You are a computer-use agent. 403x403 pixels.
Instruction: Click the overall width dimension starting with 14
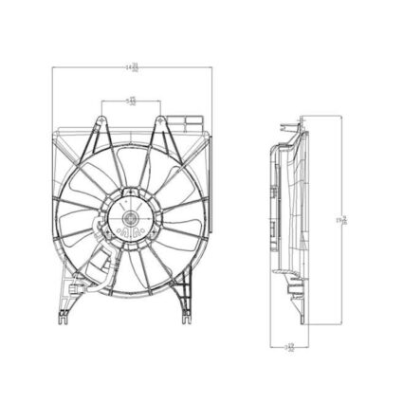(x=133, y=65)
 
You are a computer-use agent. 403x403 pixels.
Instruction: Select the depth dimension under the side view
(x=290, y=347)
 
